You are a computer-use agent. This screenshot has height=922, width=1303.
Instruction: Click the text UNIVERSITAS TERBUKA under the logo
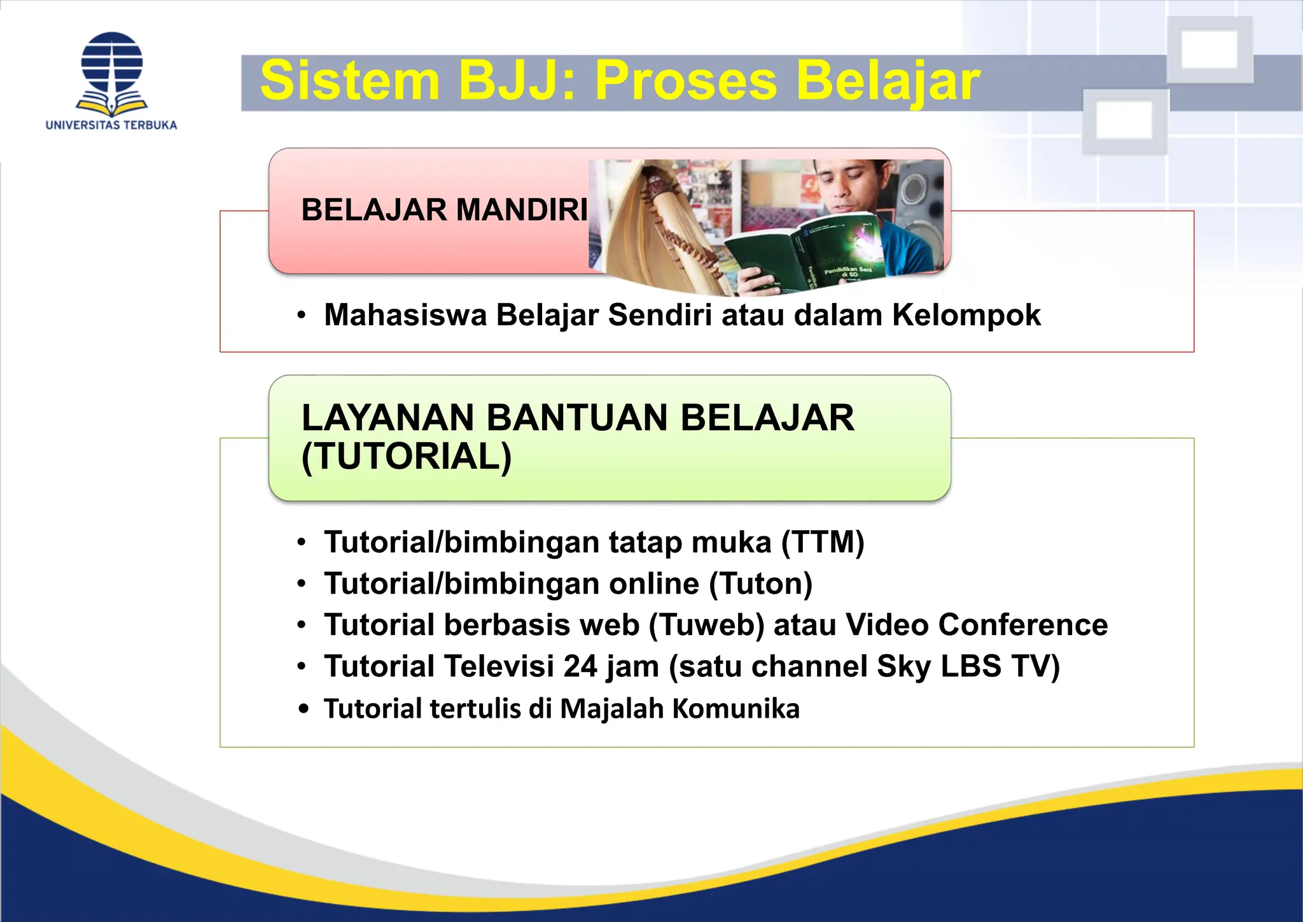111,125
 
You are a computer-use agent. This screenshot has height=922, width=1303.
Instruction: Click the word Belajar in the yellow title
888,82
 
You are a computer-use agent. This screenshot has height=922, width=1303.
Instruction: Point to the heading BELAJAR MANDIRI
444,210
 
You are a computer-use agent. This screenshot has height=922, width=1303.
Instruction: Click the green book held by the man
808,255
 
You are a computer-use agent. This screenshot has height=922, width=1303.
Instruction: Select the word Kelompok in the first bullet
966,315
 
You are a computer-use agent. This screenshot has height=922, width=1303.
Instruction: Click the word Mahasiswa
405,315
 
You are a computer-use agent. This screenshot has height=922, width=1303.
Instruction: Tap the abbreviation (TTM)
823,543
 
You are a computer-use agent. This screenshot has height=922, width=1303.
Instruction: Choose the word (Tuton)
760,584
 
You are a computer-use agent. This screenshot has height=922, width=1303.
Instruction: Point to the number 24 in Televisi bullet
580,667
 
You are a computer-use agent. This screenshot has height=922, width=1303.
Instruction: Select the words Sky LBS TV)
968,667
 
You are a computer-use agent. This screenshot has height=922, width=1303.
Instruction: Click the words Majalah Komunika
679,709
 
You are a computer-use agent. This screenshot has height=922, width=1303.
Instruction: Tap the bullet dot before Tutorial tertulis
303,709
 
